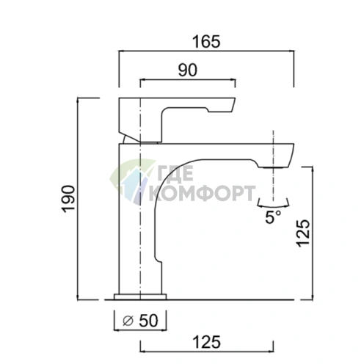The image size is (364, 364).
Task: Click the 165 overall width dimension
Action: pyautogui.click(x=206, y=42)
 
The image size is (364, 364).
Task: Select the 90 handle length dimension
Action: pyautogui.click(x=187, y=70)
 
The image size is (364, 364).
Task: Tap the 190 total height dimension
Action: pyautogui.click(x=68, y=199)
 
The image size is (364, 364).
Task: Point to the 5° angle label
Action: pyautogui.click(x=273, y=216)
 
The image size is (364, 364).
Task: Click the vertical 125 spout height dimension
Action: pyautogui.click(x=303, y=233)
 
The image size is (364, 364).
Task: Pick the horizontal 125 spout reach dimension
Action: pyautogui.click(x=207, y=342)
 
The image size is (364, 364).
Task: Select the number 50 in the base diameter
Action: pyautogui.click(x=148, y=321)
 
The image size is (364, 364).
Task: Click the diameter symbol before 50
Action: pyautogui.click(x=127, y=321)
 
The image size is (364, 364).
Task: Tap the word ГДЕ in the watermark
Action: pyautogui.click(x=175, y=173)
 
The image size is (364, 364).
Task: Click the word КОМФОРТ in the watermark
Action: pyautogui.click(x=202, y=193)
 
